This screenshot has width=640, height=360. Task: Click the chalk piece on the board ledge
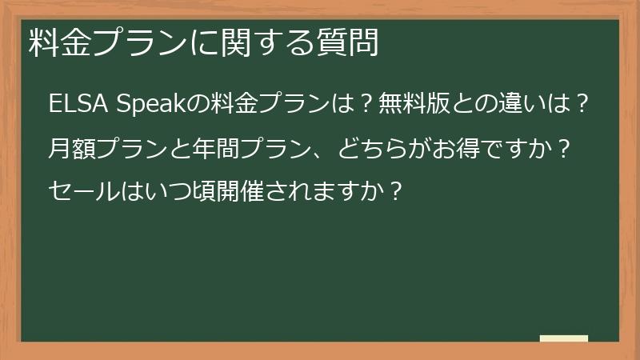click(x=563, y=339)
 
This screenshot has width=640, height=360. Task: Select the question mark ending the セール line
click(x=392, y=192)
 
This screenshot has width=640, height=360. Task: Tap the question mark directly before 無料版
click(x=364, y=104)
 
